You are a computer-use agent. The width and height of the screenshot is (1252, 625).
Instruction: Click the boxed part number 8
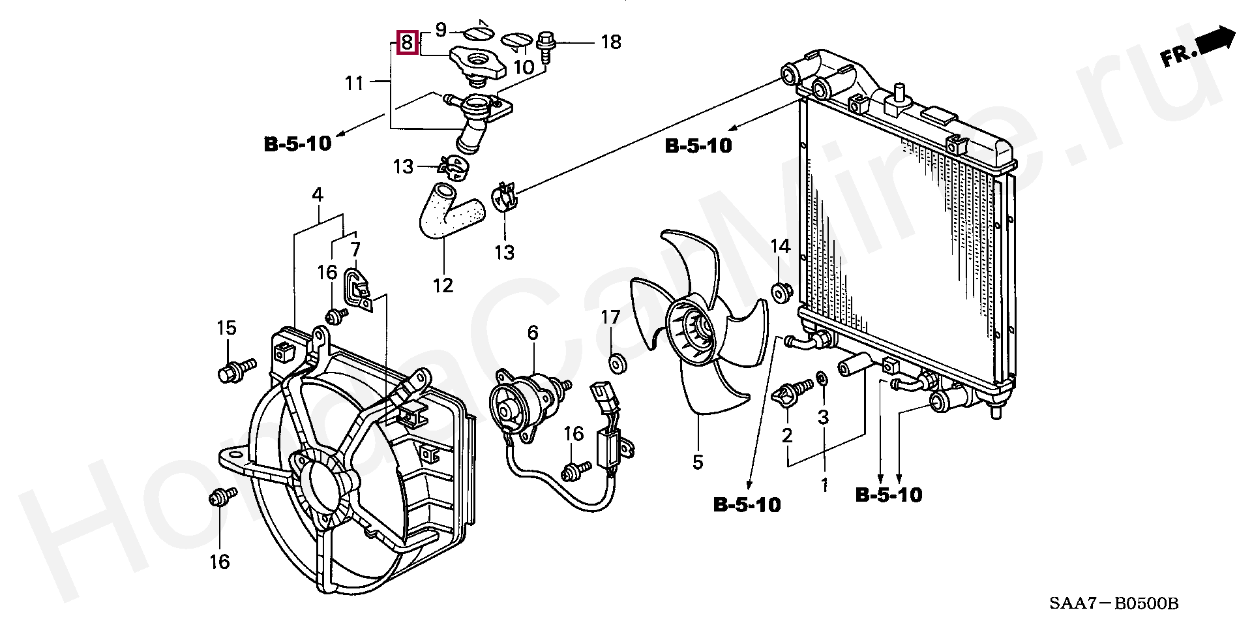[x=406, y=43]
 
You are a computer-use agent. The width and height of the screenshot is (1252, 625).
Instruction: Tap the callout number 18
[x=610, y=42]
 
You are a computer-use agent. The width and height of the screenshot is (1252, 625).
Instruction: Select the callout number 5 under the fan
[x=698, y=463]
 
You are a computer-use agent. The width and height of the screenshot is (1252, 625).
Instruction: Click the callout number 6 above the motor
[x=533, y=333]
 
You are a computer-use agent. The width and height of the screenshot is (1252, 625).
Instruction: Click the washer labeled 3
[x=823, y=378]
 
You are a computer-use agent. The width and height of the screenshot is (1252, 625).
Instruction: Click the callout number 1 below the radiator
[x=824, y=485]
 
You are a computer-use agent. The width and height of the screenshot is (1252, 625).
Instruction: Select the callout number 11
[x=354, y=84]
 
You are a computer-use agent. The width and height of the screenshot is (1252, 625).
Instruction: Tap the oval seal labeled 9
[x=482, y=33]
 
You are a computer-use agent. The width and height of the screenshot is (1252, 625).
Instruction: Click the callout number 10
[x=524, y=66]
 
